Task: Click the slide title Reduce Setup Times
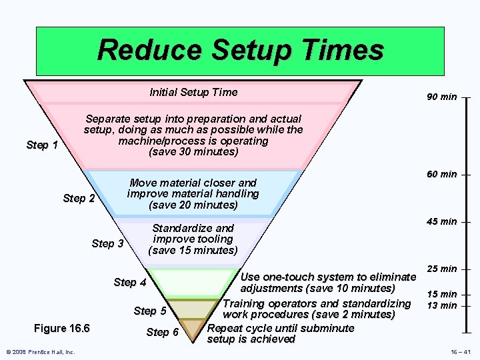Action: coord(240,50)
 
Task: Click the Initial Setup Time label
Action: coord(193,92)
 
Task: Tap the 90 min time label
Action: coord(442,97)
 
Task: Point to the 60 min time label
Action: coord(442,174)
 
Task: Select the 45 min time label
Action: coord(442,221)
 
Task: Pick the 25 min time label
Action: coord(442,269)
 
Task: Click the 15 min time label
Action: coord(442,294)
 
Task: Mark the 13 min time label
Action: coord(442,305)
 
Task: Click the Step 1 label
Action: coord(42,145)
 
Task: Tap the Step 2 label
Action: coord(79,198)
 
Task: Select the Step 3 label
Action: coord(107,243)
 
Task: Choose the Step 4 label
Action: coord(129,282)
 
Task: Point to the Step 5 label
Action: coord(150,311)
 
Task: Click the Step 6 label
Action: coord(163,332)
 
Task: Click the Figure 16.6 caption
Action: coord(61,328)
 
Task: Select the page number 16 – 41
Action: coord(459,351)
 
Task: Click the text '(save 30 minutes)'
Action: coord(193,152)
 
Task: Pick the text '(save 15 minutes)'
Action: coord(193,250)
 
